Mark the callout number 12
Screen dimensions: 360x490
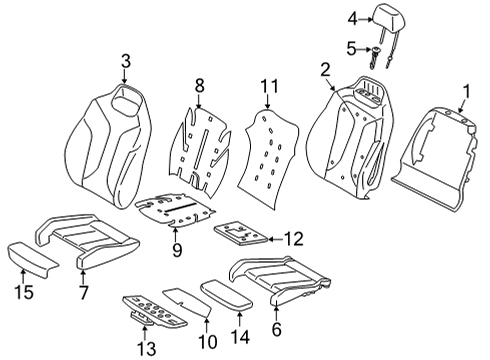291,239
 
